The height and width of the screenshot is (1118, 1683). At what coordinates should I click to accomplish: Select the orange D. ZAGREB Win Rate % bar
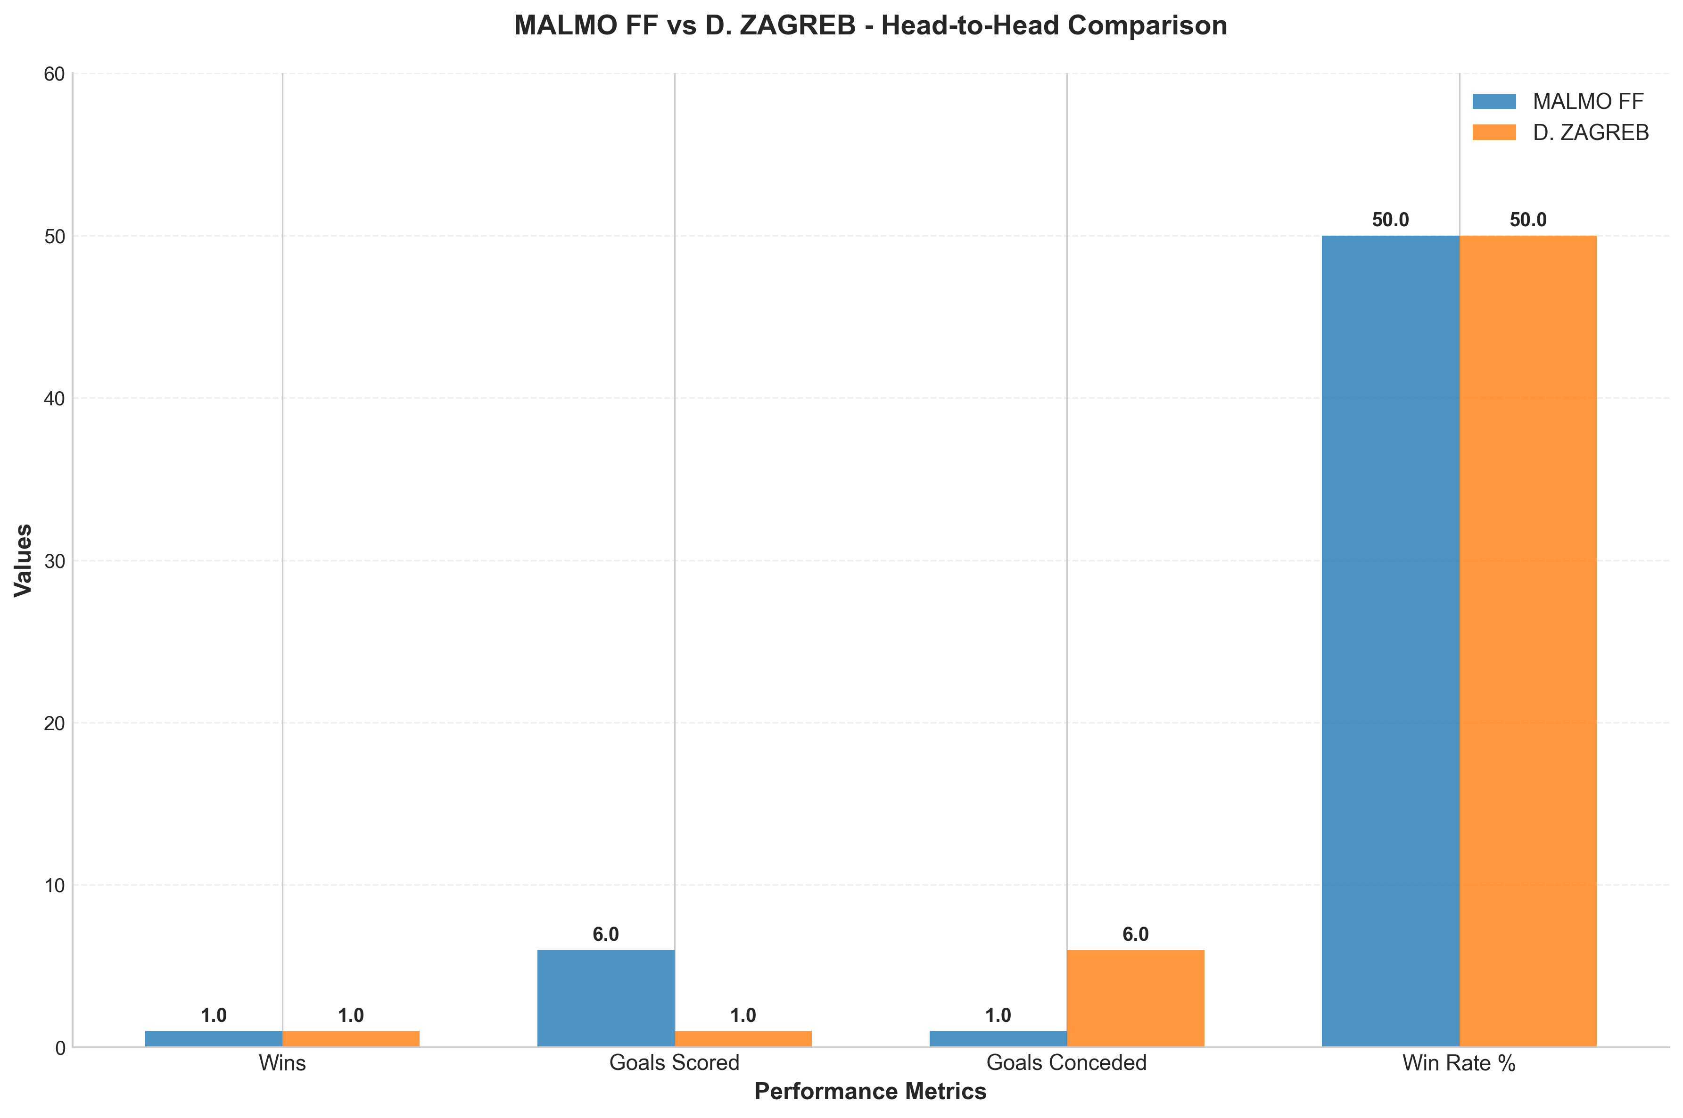pyautogui.click(x=1527, y=641)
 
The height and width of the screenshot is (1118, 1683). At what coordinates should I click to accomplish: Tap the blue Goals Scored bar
pyautogui.click(x=605, y=998)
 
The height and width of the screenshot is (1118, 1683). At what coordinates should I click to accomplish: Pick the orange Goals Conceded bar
pyautogui.click(x=1135, y=998)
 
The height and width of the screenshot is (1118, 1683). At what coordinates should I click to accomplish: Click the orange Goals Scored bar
pyautogui.click(x=742, y=1039)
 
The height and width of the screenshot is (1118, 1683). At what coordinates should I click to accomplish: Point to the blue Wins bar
pyautogui.click(x=213, y=1039)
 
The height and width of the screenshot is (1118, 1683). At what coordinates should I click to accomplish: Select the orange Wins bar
pyautogui.click(x=350, y=1039)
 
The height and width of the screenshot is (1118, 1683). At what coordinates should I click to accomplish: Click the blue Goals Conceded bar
pyautogui.click(x=998, y=1039)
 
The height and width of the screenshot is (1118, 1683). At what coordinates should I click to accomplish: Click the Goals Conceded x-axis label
pyautogui.click(x=1066, y=1063)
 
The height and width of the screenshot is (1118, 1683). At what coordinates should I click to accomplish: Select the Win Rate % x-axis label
pyautogui.click(x=1458, y=1063)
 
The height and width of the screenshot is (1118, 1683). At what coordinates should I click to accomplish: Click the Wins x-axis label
pyautogui.click(x=282, y=1063)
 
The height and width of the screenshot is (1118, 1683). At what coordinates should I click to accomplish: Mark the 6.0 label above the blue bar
pyautogui.click(x=605, y=935)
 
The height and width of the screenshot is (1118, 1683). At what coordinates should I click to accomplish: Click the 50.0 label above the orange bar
pyautogui.click(x=1527, y=220)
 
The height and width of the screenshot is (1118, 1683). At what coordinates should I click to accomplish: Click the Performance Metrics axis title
pyautogui.click(x=870, y=1092)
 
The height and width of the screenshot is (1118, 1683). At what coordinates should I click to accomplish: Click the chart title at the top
pyautogui.click(x=870, y=25)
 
